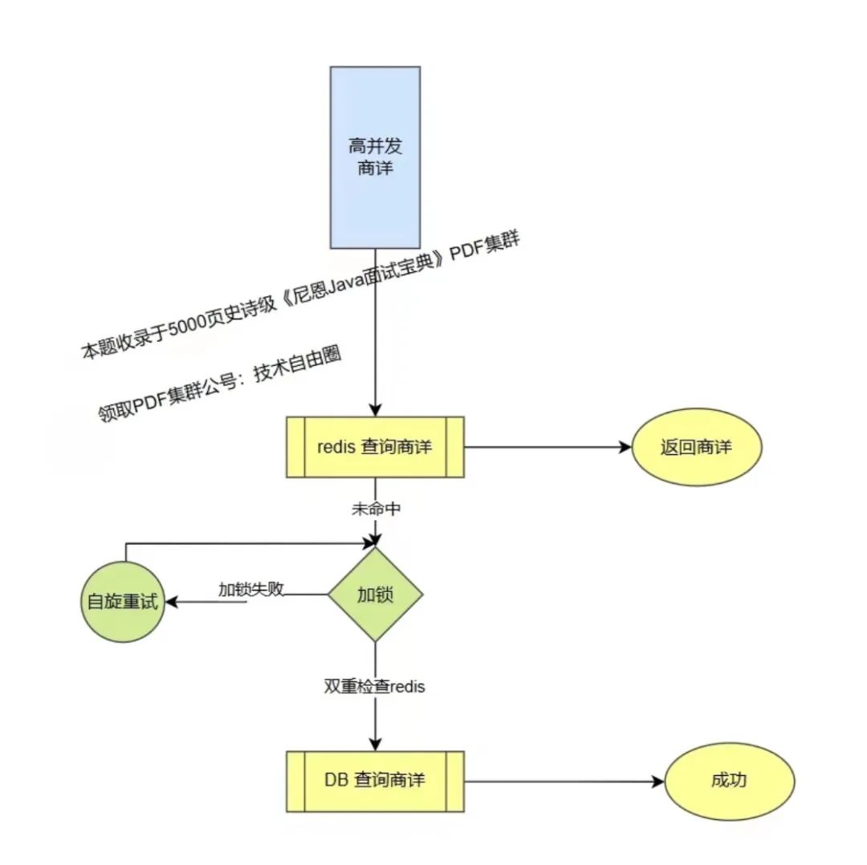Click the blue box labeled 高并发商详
(x=375, y=157)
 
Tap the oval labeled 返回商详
(x=696, y=448)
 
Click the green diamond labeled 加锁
(x=375, y=595)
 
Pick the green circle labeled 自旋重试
(x=124, y=602)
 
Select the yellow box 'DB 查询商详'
(x=375, y=781)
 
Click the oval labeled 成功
(x=729, y=781)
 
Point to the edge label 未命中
(x=375, y=508)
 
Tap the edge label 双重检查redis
(x=375, y=687)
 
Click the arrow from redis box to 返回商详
(x=546, y=448)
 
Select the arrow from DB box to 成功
(x=562, y=781)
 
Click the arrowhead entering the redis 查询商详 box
(x=375, y=409)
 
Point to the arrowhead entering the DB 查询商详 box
(x=375, y=744)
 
